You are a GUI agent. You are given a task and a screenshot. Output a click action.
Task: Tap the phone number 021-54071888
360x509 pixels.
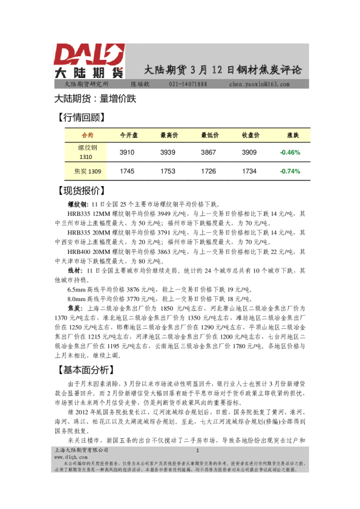188,84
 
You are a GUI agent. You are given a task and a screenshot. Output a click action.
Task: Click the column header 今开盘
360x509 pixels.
128,135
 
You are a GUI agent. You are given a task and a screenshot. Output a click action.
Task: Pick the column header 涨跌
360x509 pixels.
291,135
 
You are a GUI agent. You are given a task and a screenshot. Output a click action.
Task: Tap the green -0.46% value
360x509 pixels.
290,152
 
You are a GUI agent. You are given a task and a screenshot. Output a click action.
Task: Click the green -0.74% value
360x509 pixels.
290,172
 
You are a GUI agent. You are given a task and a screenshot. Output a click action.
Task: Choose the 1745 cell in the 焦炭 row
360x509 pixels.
128,172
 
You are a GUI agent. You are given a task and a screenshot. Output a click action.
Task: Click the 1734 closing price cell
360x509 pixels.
249,172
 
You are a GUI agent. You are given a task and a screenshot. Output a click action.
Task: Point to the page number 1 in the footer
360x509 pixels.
197,450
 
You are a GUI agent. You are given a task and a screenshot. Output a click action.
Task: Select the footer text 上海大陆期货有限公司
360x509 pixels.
81,450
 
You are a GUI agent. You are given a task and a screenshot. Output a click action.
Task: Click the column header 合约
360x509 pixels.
87,135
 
